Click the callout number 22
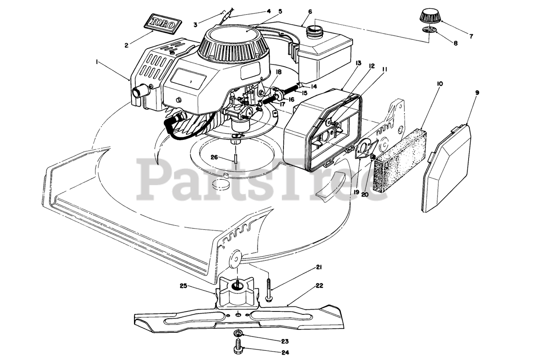(320, 286)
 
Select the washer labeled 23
(238, 333)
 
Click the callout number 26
(214, 157)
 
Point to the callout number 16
(291, 99)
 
